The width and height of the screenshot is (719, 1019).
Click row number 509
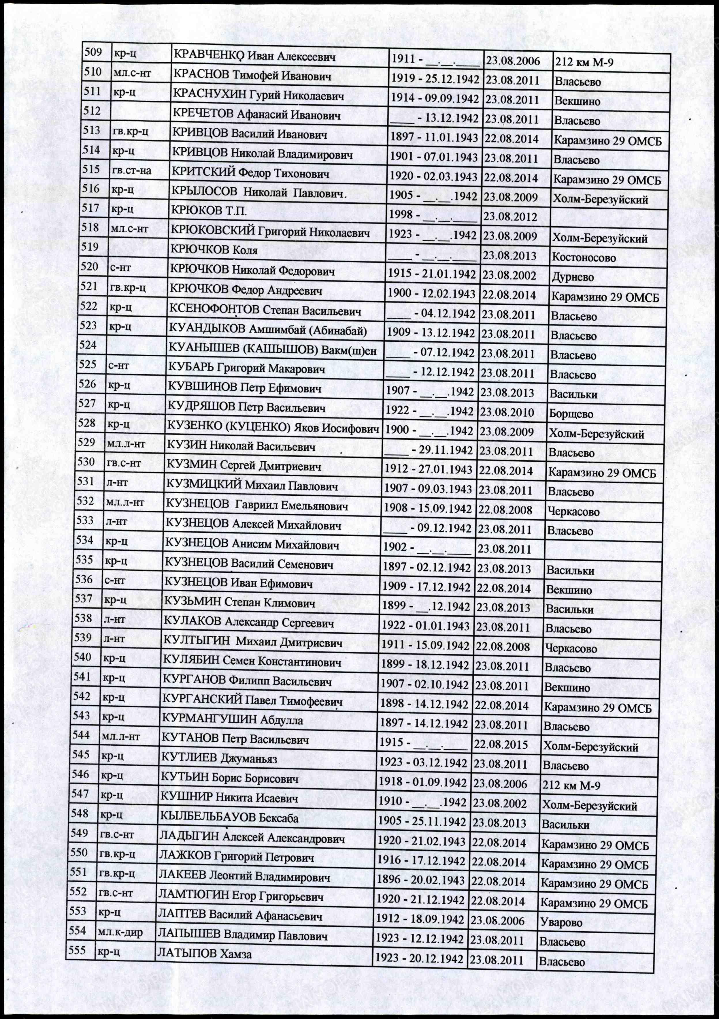pyautogui.click(x=93, y=52)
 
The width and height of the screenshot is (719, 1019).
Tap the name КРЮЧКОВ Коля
pyautogui.click(x=214, y=250)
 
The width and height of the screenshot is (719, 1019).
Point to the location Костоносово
pyautogui.click(x=584, y=258)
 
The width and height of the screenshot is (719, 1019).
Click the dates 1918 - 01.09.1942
pyautogui.click(x=422, y=782)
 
